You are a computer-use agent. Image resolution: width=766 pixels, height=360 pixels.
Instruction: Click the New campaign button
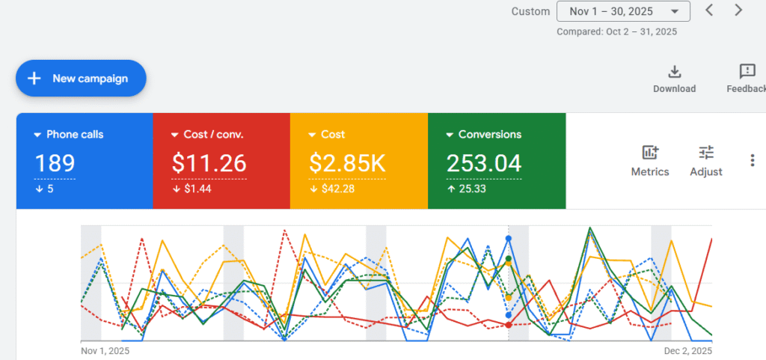81,79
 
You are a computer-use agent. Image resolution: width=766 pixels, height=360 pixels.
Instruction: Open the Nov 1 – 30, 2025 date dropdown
623,11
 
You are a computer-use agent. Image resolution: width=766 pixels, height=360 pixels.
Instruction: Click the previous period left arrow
710,10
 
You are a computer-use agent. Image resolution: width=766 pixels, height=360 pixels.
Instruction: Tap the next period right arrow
738,10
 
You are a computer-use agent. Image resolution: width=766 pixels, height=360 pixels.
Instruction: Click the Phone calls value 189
55,163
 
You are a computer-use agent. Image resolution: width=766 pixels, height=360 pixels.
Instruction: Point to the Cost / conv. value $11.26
209,163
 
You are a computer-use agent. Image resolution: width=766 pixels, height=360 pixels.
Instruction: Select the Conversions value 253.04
484,163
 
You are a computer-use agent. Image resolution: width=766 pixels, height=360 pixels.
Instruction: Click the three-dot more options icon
753,160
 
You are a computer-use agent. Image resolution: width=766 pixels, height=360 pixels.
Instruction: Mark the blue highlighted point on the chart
509,238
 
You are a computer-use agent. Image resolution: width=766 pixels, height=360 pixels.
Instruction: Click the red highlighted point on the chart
509,325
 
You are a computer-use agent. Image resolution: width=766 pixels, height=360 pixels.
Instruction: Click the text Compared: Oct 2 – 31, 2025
617,32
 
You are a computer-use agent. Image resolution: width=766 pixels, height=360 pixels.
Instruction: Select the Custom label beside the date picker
530,11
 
